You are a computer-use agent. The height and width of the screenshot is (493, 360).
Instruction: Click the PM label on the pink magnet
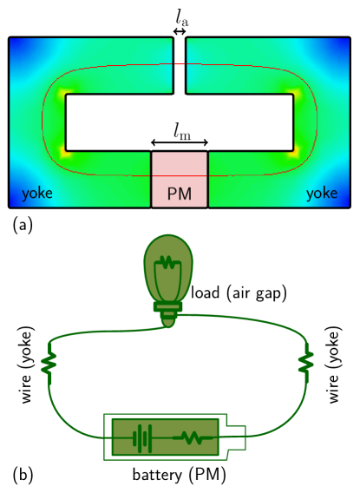pyautogui.click(x=180, y=194)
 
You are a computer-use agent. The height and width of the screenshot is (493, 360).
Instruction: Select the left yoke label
pyautogui.click(x=36, y=194)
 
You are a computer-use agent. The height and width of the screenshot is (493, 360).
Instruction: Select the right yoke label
pyautogui.click(x=321, y=194)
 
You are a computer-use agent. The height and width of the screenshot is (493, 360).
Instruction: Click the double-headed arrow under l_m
pyautogui.click(x=180, y=143)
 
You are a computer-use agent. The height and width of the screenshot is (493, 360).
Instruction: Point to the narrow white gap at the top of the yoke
pyautogui.click(x=180, y=65)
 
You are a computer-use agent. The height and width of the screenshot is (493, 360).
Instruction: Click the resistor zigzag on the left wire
pyautogui.click(x=49, y=363)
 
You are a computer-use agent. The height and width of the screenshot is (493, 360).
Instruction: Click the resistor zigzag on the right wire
pyautogui.click(x=305, y=361)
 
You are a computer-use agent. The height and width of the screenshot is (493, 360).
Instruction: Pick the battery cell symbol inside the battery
pyautogui.click(x=141, y=437)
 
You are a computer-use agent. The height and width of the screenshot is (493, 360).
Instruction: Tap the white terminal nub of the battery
pyautogui.click(x=236, y=437)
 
